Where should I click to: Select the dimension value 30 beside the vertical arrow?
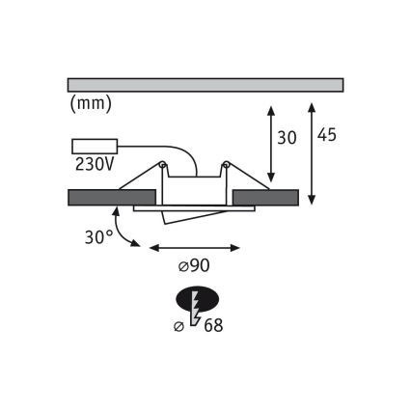(x=286, y=138)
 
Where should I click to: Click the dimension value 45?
(x=326, y=135)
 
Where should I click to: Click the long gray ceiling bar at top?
(x=205, y=84)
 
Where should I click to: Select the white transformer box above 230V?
(x=94, y=148)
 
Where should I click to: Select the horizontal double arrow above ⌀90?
(x=195, y=248)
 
